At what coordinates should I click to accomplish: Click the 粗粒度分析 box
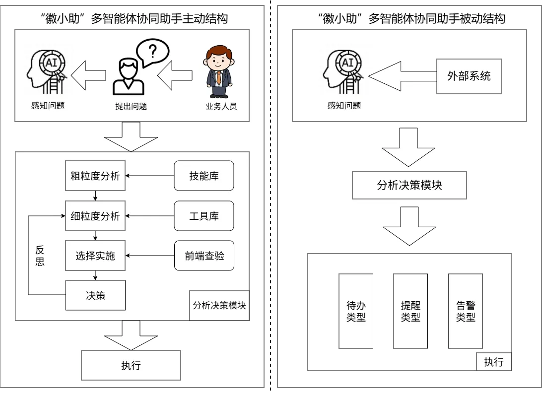click(x=95, y=176)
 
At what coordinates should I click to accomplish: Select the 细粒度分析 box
click(x=95, y=216)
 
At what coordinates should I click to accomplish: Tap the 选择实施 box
click(x=95, y=256)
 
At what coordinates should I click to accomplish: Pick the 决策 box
click(x=95, y=295)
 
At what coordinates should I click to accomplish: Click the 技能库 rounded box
click(x=203, y=176)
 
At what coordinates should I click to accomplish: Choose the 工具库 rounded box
click(x=203, y=216)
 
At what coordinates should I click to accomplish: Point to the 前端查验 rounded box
click(x=203, y=256)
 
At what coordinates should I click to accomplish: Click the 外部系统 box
click(x=469, y=76)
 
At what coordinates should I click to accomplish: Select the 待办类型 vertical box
click(x=355, y=311)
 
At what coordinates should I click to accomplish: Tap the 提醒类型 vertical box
click(x=410, y=311)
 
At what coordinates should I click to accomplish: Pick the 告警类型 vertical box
click(x=466, y=311)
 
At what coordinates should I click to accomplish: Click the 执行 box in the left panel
click(x=131, y=365)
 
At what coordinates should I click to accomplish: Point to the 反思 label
click(x=40, y=256)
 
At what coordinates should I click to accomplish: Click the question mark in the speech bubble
click(x=153, y=52)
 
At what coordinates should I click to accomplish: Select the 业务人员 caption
click(x=221, y=106)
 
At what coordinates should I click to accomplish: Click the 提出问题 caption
click(x=131, y=106)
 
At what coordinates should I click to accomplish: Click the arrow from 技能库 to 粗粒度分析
click(x=149, y=176)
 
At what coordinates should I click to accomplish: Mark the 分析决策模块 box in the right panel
click(x=409, y=185)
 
